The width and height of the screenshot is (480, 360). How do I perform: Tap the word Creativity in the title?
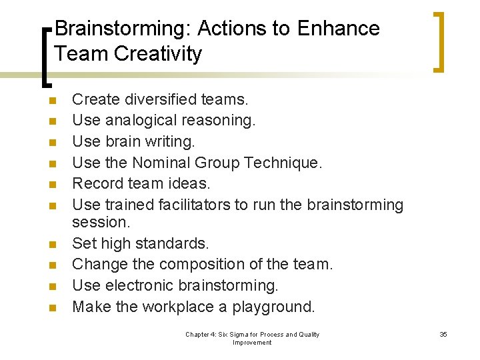[x=158, y=53]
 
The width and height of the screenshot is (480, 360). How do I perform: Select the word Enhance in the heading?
[x=339, y=29]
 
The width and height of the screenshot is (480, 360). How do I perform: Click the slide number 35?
[x=443, y=334]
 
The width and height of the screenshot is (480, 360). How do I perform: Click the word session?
[x=100, y=221]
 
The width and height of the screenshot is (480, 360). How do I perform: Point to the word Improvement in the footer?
[x=252, y=343]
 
